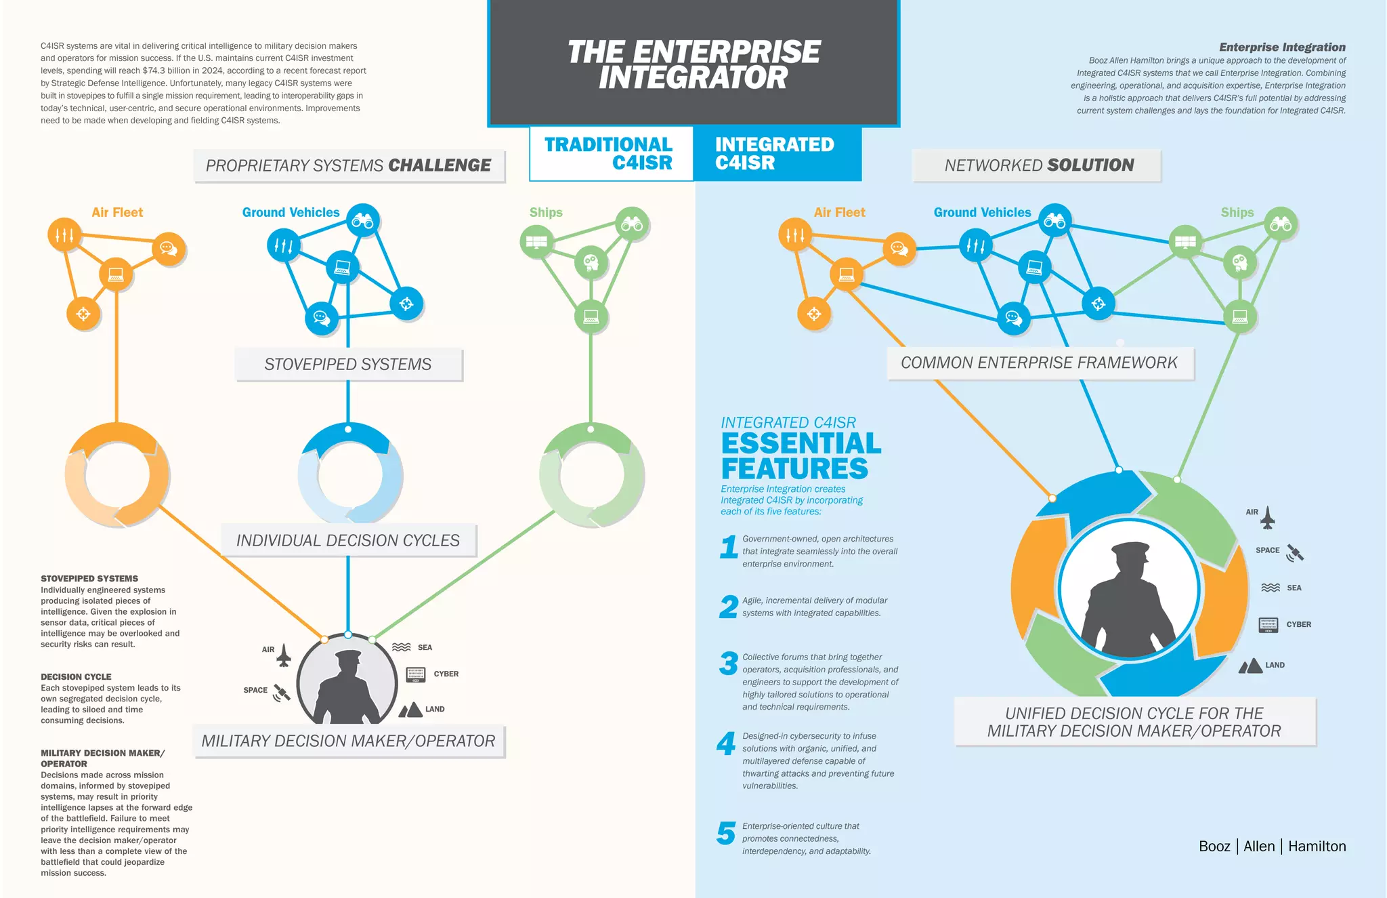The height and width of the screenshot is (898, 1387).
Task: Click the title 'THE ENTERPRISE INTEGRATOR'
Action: click(x=693, y=64)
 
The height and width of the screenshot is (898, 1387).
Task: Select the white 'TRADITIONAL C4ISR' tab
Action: click(x=610, y=153)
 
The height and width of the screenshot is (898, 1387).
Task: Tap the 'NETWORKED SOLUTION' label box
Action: click(x=1037, y=165)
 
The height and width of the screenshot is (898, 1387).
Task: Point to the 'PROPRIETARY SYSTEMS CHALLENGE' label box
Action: click(x=349, y=165)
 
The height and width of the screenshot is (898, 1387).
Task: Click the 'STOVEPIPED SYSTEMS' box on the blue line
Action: click(x=348, y=365)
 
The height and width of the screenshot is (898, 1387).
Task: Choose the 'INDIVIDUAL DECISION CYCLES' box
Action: click(x=348, y=540)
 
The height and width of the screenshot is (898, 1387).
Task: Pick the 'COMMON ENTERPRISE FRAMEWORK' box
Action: click(x=1040, y=363)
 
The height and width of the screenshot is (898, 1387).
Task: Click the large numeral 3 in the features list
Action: click(x=728, y=664)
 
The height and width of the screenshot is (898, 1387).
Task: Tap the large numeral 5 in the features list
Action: click(x=726, y=833)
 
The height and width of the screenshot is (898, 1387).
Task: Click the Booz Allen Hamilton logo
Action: click(x=1272, y=846)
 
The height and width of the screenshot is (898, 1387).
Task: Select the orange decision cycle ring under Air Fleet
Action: click(x=117, y=474)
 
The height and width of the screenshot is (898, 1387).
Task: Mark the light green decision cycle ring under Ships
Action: click(x=591, y=474)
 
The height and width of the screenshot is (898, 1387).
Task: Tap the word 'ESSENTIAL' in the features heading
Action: click(x=801, y=444)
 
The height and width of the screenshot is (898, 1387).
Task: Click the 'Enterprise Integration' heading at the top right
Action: click(x=1282, y=47)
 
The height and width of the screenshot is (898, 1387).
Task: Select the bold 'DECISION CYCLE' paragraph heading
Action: click(x=76, y=676)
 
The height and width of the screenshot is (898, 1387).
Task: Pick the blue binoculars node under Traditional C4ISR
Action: click(x=363, y=221)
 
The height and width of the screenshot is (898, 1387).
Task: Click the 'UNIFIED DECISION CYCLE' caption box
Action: click(x=1134, y=722)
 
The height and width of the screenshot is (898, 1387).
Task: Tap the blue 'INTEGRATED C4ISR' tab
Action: click(x=776, y=153)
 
